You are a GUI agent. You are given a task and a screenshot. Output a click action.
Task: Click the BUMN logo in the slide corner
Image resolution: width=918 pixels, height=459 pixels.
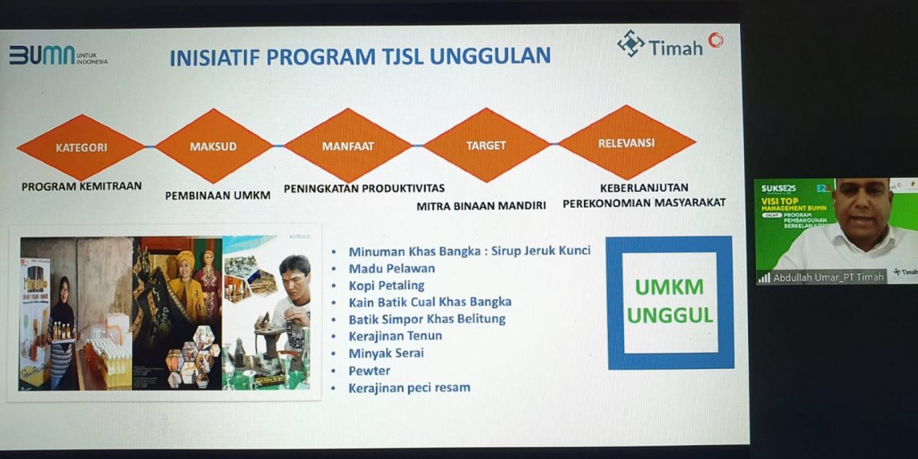58,56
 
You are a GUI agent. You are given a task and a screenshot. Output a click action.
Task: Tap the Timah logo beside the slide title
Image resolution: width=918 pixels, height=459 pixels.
670,44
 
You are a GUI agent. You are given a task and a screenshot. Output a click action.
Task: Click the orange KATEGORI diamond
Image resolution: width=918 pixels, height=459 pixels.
81,147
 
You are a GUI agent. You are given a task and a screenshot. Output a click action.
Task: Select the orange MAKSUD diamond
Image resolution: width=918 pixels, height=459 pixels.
213,147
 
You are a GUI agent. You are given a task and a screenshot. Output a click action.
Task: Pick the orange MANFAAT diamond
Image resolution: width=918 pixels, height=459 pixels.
347,146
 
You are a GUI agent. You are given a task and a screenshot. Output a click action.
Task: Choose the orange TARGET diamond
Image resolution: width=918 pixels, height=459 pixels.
486,145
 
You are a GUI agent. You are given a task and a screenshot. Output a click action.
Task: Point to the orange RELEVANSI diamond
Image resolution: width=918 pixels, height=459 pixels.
626,143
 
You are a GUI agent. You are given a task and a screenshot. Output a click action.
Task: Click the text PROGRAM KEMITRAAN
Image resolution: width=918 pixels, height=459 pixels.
81,186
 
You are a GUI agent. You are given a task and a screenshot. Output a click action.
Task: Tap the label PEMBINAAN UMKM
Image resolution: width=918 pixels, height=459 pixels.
217,195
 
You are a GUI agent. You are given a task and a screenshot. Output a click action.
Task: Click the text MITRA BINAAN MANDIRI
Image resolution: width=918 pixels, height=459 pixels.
481,205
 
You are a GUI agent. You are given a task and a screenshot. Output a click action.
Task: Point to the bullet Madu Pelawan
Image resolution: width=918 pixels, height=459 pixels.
391,268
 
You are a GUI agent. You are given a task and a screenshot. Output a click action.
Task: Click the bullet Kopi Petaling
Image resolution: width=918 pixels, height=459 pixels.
387,285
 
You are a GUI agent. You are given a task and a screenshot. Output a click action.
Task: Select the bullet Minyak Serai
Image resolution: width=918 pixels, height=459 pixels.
386,353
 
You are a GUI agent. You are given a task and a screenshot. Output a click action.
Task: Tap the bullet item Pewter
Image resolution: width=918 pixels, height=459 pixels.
369,370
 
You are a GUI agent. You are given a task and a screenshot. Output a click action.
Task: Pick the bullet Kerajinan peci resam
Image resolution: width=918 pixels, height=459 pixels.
409,387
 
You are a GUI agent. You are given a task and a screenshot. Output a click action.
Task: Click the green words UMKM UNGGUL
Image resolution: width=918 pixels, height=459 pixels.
669,301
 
